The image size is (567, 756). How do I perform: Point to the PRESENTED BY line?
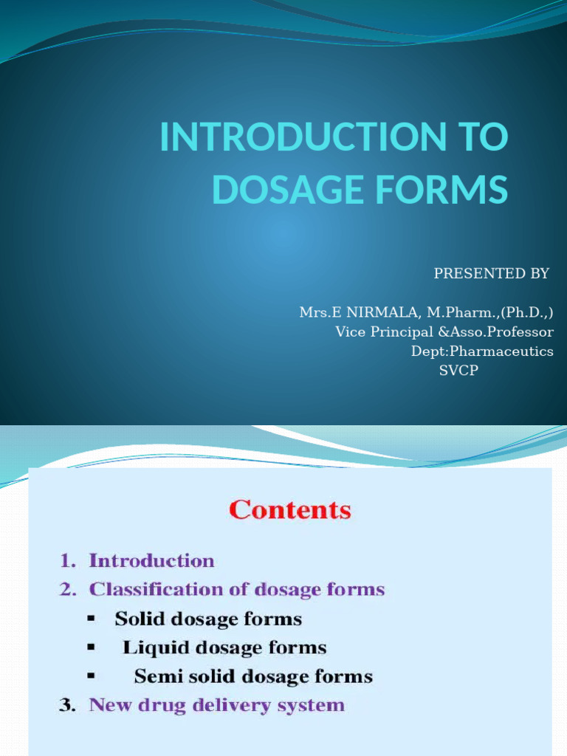click(x=491, y=274)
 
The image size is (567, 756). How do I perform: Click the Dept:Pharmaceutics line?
click(x=482, y=351)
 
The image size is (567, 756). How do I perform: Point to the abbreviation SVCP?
click(x=458, y=371)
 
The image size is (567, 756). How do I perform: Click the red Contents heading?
click(x=290, y=510)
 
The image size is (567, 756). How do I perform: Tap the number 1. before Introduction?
click(x=69, y=561)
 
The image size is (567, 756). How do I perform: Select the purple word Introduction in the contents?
click(x=151, y=561)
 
